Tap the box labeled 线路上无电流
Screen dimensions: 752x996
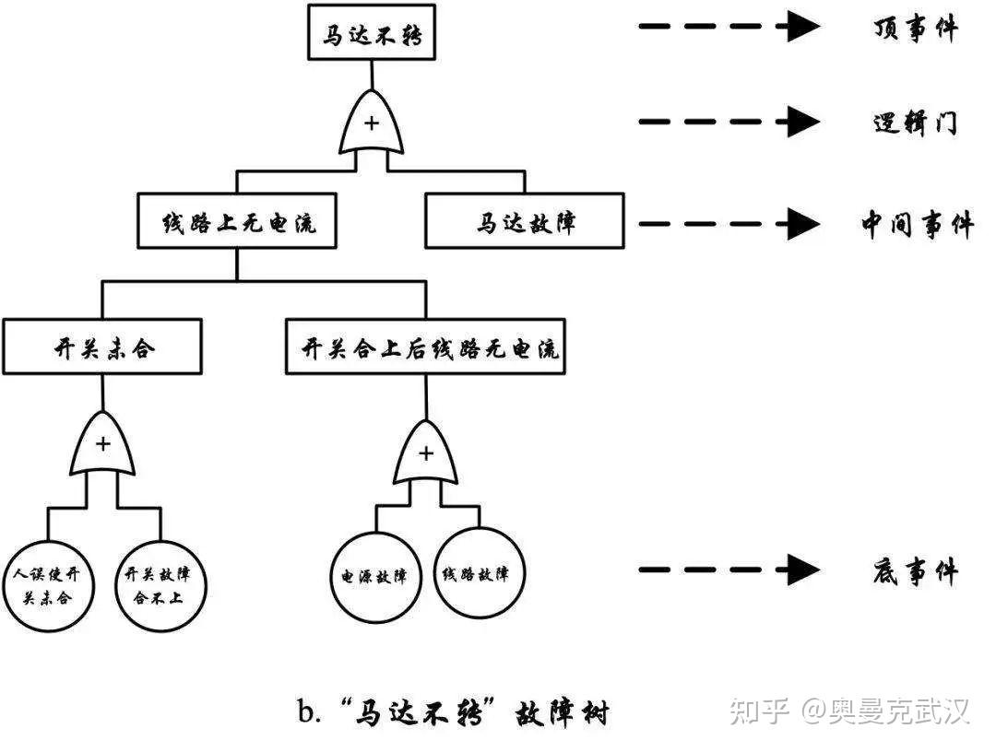238,222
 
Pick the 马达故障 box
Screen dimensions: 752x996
525,222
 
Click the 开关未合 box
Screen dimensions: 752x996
101,347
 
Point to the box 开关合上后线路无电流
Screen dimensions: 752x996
425,347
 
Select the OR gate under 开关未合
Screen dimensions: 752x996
102,446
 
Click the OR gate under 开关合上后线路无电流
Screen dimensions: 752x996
425,454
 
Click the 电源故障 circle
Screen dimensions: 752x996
374,575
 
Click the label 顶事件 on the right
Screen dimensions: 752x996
914,28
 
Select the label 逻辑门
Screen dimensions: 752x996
914,123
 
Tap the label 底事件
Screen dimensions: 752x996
914,572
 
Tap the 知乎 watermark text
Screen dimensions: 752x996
759,711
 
